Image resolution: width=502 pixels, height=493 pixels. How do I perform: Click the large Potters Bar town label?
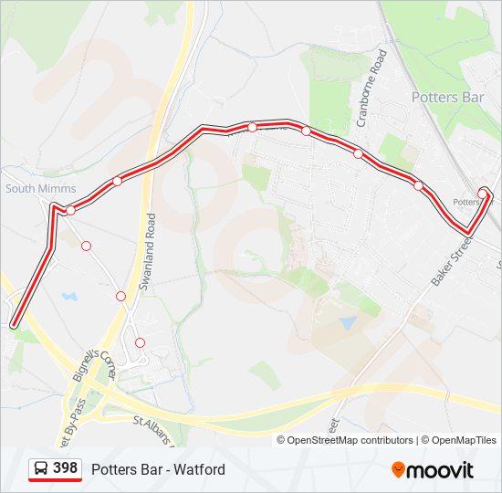[447, 97]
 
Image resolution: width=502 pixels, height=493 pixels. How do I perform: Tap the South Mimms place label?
[41, 189]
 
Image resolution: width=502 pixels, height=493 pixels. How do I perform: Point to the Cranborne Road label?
[372, 88]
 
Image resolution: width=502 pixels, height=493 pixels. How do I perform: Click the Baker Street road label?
[451, 262]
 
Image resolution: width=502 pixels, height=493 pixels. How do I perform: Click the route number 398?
[65, 468]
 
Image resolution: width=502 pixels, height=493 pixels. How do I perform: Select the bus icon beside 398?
[41, 469]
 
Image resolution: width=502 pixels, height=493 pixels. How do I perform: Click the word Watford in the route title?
[202, 469]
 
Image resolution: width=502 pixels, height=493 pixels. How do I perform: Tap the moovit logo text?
[441, 470]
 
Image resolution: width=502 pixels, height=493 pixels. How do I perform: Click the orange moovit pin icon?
[398, 469]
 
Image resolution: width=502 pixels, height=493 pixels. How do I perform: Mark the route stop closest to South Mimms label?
[70, 210]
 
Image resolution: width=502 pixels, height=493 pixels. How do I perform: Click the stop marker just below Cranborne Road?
[358, 153]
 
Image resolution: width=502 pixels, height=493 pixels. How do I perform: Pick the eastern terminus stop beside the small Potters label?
[483, 194]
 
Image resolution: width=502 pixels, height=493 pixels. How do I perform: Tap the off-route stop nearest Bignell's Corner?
[140, 342]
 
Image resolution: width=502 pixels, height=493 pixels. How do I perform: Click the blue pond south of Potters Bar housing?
[348, 322]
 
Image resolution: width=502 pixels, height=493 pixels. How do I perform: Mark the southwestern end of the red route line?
[14, 323]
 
